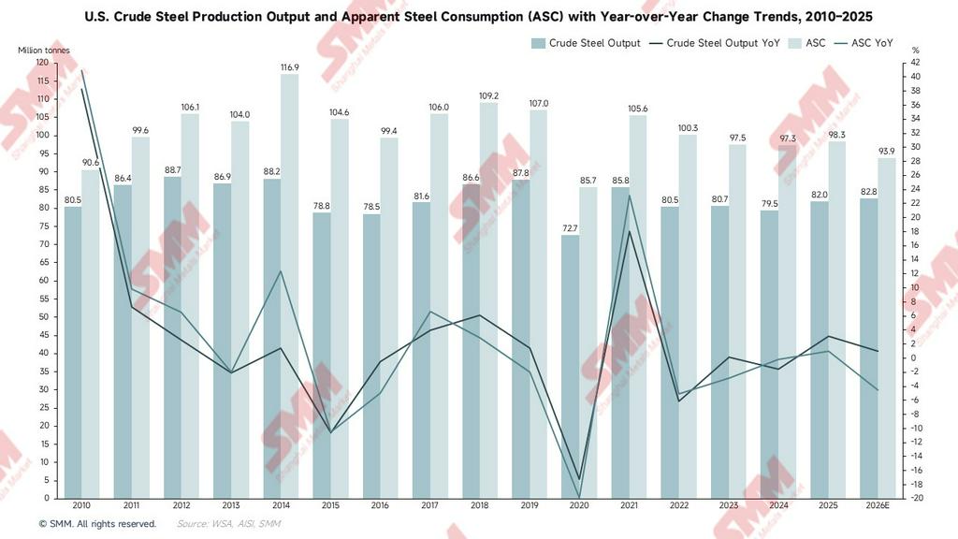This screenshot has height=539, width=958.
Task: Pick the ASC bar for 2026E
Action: (886, 328)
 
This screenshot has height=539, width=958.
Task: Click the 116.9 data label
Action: (290, 67)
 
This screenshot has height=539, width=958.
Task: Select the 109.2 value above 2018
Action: (488, 95)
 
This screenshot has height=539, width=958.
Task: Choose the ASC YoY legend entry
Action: (872, 43)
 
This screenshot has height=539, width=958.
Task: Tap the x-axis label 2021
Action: (629, 505)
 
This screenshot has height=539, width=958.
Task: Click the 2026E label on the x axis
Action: (878, 505)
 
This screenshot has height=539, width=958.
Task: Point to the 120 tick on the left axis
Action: (42, 62)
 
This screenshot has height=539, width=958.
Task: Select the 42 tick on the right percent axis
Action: (916, 62)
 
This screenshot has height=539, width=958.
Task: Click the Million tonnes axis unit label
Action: (43, 51)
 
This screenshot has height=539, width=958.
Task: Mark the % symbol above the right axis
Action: (915, 51)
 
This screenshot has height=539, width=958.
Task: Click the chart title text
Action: (478, 16)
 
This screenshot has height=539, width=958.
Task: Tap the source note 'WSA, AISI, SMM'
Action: (228, 524)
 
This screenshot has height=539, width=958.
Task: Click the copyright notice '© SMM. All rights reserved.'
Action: (97, 524)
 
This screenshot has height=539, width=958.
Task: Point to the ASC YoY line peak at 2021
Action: (629, 196)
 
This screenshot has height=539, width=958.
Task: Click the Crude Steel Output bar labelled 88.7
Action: (172, 337)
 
